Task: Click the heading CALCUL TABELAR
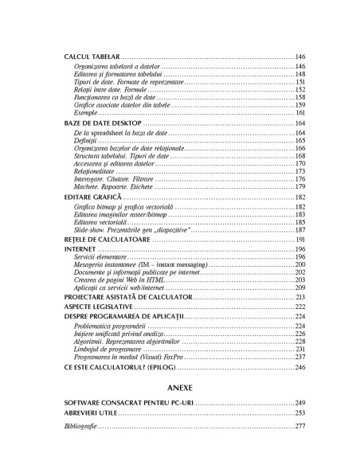tap(92, 57)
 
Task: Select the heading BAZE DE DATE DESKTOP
tap(101, 124)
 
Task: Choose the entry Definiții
tap(84, 140)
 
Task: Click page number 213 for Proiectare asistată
tap(300, 295)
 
